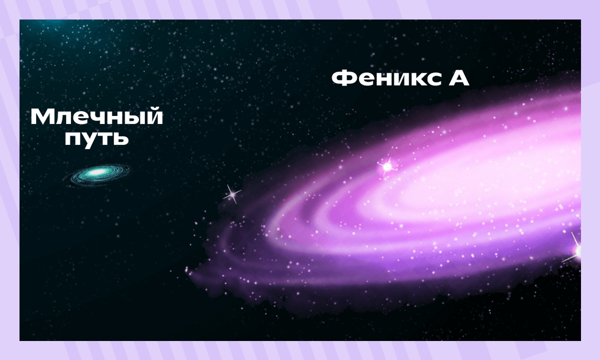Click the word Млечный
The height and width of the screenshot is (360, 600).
pos(96,118)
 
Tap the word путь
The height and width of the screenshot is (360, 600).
pos(97,138)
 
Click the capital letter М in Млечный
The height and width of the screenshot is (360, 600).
pos(41,118)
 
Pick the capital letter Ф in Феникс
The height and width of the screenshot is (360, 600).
pos(342,78)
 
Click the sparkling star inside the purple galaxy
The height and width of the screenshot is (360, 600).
pos(386,165)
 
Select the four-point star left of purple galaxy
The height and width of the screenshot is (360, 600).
pos(231,194)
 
